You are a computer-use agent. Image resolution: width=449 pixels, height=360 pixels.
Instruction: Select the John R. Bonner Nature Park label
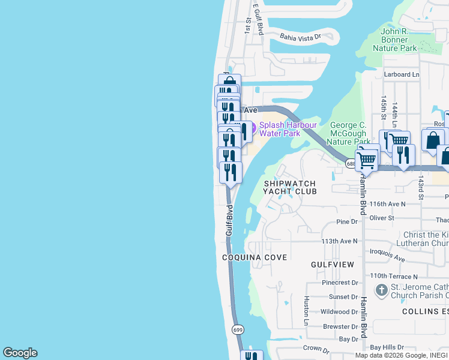pos(394,40)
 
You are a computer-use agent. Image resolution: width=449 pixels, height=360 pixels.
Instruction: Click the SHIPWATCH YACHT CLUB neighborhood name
pos(289,187)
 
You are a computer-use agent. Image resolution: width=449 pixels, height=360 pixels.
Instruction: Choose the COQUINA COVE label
pos(255,257)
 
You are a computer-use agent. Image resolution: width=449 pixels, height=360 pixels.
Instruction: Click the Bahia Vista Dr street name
pos(301,37)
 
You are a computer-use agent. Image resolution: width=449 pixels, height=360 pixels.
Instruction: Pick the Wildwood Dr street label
pos(339,312)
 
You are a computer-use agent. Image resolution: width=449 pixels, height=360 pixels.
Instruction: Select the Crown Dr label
pos(316,349)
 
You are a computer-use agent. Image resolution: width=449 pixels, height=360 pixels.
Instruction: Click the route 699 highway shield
pos(238,330)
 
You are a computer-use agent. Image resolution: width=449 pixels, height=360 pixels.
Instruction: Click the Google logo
pos(20,353)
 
